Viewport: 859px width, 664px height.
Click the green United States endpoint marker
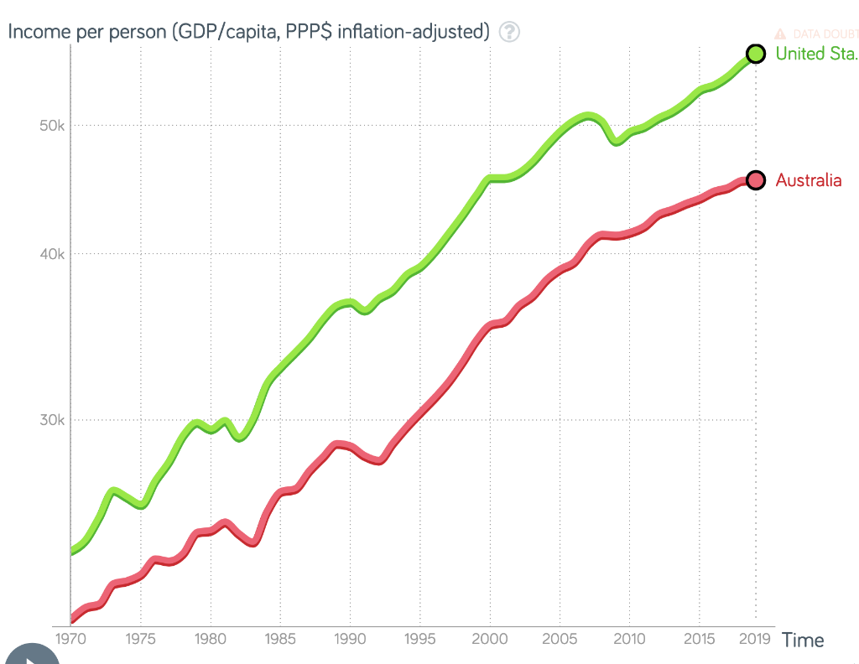755,54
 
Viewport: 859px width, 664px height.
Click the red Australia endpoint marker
755,180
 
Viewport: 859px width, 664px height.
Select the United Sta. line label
815,54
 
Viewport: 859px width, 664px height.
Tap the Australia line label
808,180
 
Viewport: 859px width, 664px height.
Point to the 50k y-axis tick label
52,126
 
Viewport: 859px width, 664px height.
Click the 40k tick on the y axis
52,254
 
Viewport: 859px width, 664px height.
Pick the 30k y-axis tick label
52,420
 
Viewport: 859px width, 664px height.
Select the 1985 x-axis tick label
280,640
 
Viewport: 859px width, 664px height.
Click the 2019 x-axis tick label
755,640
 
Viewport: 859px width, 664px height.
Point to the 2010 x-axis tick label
629,640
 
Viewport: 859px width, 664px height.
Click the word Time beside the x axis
803,641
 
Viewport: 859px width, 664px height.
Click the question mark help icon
509,32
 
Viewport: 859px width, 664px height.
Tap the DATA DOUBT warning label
818,34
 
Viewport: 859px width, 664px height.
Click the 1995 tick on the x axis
420,640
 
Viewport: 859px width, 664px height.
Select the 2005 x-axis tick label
560,640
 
